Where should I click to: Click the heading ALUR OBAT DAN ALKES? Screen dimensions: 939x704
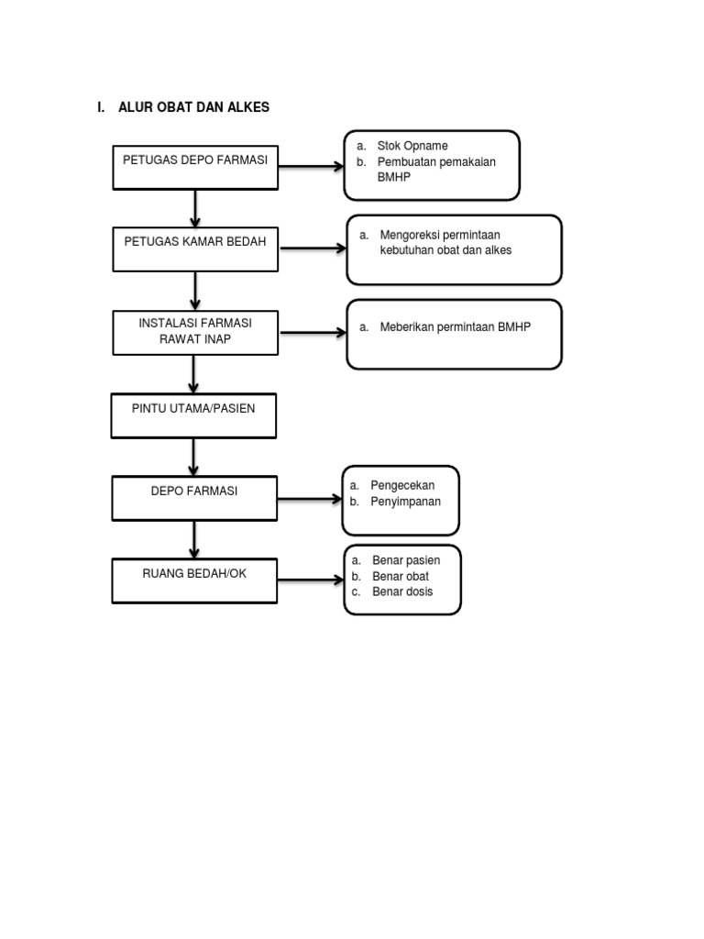(x=193, y=107)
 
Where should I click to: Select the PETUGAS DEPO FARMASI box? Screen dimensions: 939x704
(x=195, y=167)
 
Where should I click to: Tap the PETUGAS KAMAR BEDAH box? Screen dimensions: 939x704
(x=195, y=249)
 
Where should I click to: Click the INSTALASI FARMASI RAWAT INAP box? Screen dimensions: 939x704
(x=195, y=332)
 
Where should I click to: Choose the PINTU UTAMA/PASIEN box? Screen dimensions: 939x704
(x=193, y=415)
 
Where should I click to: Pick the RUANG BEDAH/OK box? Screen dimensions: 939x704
(x=194, y=580)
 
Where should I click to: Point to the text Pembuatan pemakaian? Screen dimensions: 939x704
(x=436, y=161)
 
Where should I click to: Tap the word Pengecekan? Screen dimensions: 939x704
(x=402, y=484)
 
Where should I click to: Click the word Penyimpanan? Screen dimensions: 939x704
(x=405, y=501)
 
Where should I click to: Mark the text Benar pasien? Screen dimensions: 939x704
(x=406, y=560)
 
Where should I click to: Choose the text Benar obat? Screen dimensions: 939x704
(x=401, y=576)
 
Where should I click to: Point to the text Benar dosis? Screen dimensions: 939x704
(x=402, y=591)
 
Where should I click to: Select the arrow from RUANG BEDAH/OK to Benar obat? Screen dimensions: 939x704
(x=310, y=580)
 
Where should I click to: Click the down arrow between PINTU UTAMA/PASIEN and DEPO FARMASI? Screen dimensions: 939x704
(x=194, y=457)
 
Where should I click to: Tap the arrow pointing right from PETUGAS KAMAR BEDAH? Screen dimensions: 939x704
(x=312, y=249)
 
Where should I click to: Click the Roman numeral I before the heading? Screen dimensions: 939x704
(x=99, y=107)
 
